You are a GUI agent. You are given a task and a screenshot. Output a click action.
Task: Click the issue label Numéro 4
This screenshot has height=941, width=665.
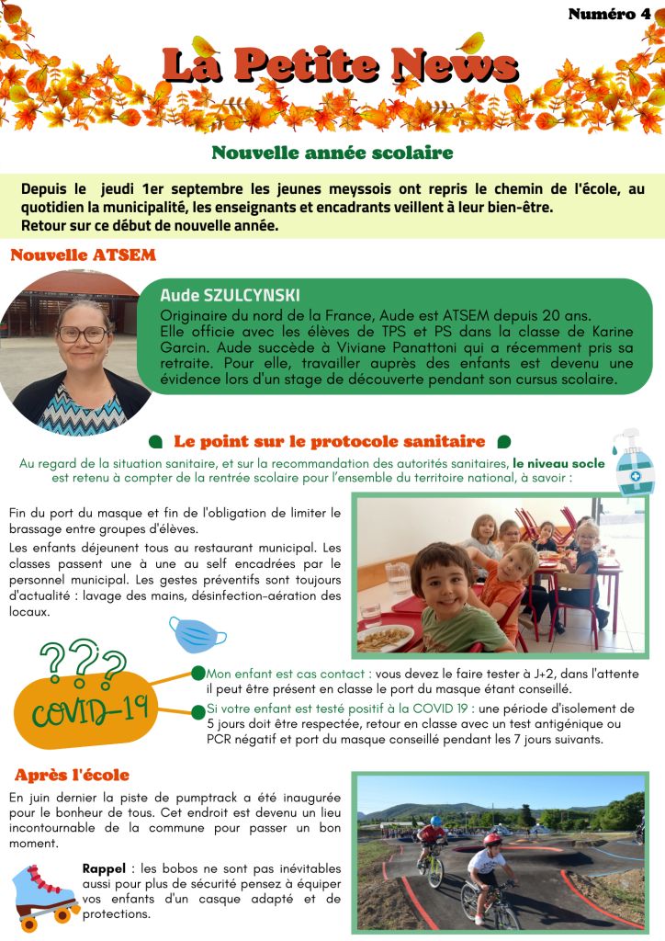point(609,14)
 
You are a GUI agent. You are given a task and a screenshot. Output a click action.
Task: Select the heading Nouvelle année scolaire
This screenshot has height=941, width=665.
point(332,153)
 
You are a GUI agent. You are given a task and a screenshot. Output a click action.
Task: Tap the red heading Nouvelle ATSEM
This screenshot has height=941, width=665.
point(83,255)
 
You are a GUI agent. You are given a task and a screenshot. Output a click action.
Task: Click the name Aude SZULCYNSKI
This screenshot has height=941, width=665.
point(230,296)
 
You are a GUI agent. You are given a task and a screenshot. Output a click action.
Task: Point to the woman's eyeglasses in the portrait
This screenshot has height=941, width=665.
point(83,334)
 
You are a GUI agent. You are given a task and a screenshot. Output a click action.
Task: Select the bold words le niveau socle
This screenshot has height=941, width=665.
point(558,463)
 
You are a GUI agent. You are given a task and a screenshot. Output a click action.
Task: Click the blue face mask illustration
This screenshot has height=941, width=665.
point(197,634)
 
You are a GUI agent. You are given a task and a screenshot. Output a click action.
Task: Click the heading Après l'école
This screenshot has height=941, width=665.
point(72,776)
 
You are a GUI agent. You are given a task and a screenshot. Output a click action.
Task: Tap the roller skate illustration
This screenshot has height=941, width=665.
point(44,892)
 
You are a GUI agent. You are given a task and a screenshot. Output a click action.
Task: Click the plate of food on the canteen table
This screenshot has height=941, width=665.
point(386,636)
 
